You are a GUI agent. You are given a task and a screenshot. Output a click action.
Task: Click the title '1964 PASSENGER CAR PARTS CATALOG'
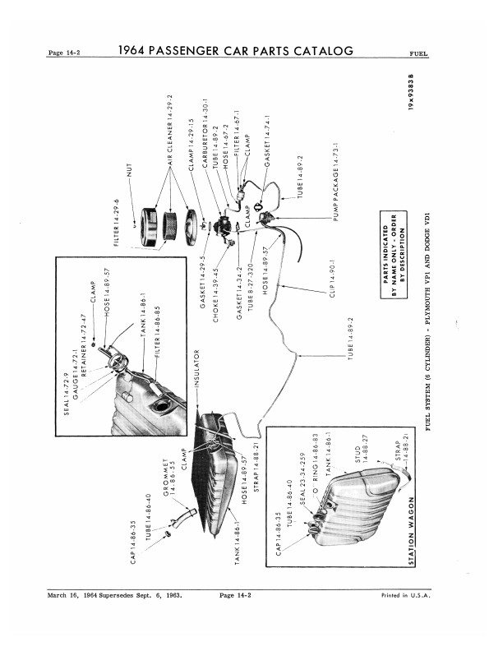235,51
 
